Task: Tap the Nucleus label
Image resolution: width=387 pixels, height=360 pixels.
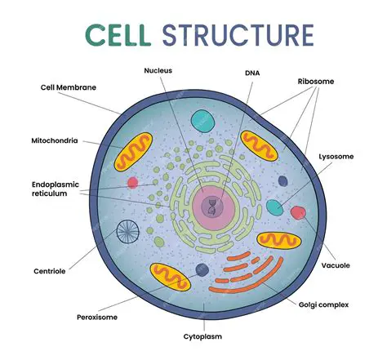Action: click(x=158, y=71)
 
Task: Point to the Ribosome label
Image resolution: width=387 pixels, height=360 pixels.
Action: click(x=317, y=82)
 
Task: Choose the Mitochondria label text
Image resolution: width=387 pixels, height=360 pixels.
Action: click(x=54, y=140)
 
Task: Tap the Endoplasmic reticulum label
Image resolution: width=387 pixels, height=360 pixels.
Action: click(x=55, y=189)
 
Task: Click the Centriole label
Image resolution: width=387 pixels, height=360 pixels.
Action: click(x=50, y=270)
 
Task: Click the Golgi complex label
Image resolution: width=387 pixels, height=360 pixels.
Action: click(x=322, y=304)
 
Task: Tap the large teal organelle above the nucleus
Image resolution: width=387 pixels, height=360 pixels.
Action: click(x=203, y=122)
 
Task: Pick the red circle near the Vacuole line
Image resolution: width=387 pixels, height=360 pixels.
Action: click(x=298, y=213)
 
